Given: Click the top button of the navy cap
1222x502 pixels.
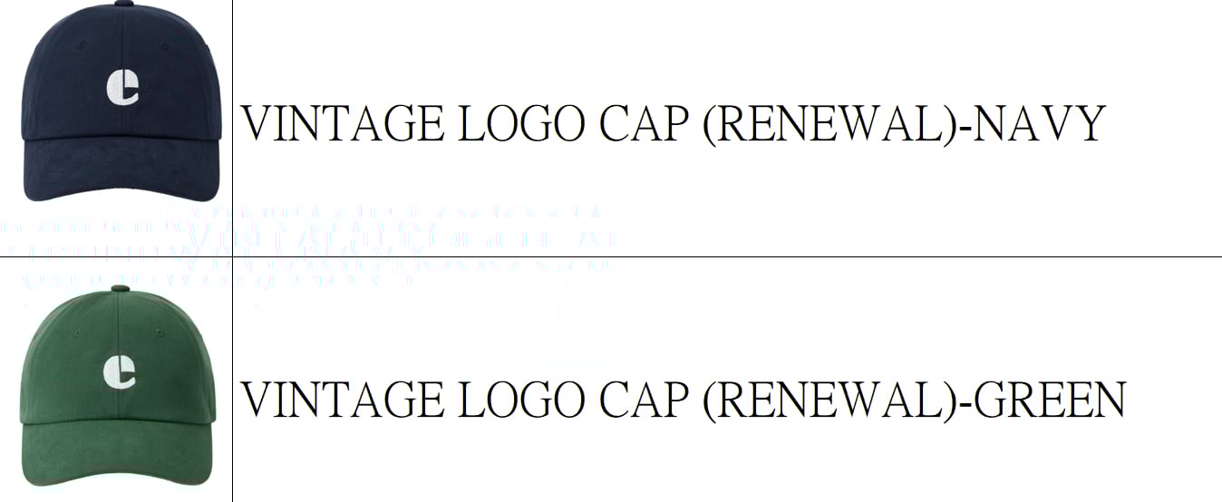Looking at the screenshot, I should point(121,6).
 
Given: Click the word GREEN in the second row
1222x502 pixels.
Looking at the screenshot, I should point(1049,400).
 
